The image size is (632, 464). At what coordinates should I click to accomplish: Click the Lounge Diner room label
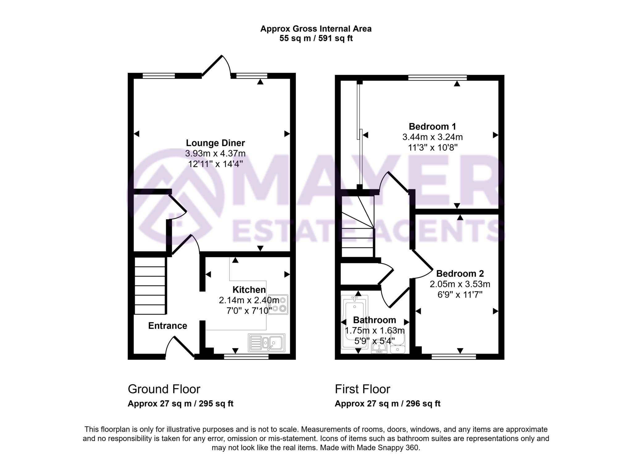tap(215, 143)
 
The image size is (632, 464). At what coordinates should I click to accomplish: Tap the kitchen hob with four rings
tap(278, 304)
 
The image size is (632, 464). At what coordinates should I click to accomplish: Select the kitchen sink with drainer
tap(266, 343)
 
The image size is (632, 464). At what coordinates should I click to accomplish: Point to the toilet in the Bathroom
tap(397, 342)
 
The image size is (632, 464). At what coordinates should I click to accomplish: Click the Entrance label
tap(168, 326)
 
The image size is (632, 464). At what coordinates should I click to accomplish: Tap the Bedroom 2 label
tap(459, 273)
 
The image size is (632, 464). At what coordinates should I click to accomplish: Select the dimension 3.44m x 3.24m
tap(432, 137)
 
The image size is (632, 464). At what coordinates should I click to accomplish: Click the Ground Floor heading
tap(164, 389)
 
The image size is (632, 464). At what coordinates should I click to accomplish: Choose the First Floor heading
tap(362, 389)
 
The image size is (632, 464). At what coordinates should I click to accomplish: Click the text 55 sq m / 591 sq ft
tap(316, 39)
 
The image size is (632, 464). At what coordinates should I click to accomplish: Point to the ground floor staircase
tap(150, 285)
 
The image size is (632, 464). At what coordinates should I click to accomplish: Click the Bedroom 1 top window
tap(437, 77)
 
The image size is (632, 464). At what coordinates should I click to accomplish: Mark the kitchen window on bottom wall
tap(246, 357)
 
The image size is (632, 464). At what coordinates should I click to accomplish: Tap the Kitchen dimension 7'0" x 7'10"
tap(249, 310)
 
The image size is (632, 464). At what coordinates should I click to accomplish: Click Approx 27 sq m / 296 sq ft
tap(387, 404)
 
